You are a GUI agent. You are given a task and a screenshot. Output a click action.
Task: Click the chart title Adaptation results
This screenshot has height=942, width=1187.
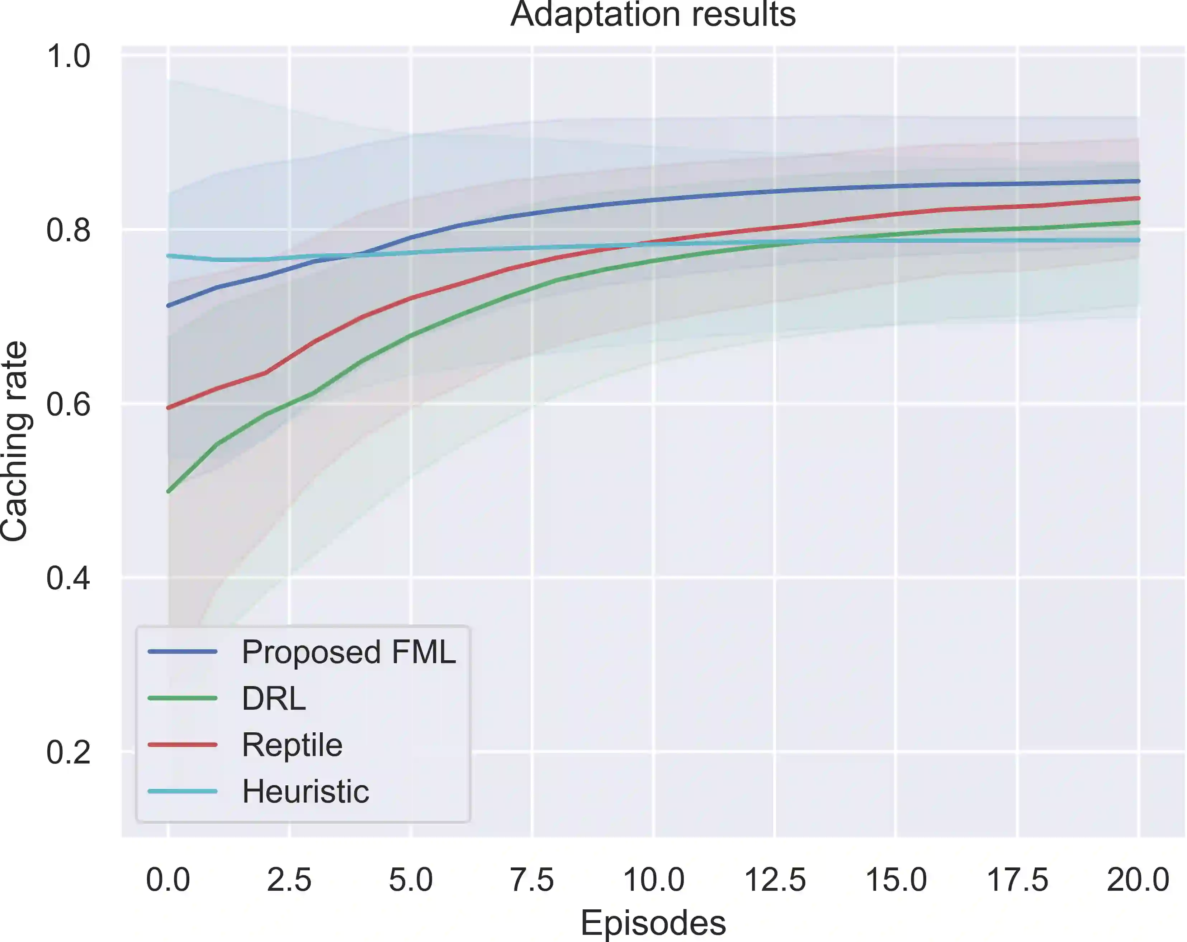coord(653,14)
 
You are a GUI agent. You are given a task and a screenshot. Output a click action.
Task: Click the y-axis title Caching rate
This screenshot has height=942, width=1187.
coord(14,441)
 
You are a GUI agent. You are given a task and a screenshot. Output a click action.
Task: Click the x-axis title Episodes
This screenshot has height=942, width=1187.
coord(653,923)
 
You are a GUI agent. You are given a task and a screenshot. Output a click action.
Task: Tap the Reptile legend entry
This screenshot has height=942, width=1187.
coord(292,745)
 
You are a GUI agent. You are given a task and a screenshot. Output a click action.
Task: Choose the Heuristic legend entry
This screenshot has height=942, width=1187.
coord(306,791)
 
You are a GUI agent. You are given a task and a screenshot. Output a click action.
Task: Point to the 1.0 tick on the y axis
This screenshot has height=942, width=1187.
coord(68,56)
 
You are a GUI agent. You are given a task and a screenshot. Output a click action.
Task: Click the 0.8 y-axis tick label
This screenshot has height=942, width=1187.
coord(68,230)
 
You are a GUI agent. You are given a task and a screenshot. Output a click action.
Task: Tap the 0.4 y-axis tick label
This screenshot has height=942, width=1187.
coord(68,578)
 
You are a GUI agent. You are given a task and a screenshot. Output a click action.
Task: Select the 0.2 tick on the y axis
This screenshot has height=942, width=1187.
coord(68,752)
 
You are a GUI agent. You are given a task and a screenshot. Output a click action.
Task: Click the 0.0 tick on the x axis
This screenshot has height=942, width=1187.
coord(168,879)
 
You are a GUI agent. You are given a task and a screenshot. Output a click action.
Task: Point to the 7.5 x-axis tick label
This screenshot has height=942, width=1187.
coord(532,879)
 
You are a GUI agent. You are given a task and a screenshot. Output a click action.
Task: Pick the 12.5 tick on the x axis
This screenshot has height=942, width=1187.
coord(775,879)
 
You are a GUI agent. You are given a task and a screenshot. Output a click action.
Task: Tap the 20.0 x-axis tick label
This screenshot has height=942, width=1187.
coord(1138,879)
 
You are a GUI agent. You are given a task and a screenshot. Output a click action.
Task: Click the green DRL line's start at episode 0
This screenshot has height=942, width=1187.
coord(169,491)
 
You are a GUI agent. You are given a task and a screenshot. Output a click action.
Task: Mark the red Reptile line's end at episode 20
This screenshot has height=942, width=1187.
coord(1138,198)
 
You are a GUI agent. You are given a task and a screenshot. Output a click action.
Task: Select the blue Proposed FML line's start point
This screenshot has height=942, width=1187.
coord(169,305)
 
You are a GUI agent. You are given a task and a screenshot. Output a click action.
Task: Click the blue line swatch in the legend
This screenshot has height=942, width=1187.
coord(183,652)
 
